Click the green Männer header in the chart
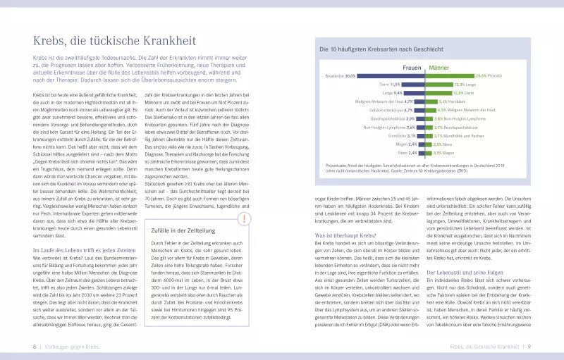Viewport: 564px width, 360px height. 439,68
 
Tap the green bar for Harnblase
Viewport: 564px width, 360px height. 428,101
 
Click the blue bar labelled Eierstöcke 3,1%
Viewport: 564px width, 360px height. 421,136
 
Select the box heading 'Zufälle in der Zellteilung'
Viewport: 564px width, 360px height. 185,230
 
